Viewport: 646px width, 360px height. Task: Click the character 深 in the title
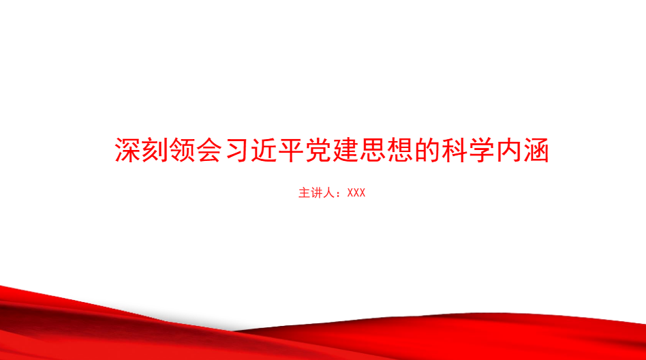click(x=127, y=150)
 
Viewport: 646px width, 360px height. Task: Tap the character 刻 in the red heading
click(x=155, y=150)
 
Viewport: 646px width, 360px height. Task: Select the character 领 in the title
click(x=182, y=150)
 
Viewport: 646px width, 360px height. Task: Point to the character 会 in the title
click(x=209, y=150)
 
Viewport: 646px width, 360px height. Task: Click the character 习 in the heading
click(x=236, y=150)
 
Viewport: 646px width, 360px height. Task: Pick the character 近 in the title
click(x=264, y=150)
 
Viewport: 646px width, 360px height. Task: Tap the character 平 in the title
click(x=291, y=150)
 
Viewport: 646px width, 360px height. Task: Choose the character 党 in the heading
click(x=318, y=150)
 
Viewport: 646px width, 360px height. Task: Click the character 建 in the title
click(x=345, y=150)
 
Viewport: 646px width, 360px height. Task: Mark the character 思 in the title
click(x=373, y=150)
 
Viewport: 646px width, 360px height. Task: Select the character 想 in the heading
click(x=399, y=150)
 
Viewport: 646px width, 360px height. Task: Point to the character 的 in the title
click(x=427, y=150)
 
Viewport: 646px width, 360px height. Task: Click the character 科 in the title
click(x=454, y=150)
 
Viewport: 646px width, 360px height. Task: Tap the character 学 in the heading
click(x=481, y=150)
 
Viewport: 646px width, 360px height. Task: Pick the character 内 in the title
click(x=508, y=150)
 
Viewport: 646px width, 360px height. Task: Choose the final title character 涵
click(x=536, y=150)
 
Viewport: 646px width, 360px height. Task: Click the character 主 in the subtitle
click(x=304, y=192)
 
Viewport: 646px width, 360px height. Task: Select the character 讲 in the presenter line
click(x=316, y=192)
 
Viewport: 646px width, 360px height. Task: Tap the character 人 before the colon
click(x=328, y=192)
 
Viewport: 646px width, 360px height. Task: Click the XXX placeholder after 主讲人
click(x=356, y=192)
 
